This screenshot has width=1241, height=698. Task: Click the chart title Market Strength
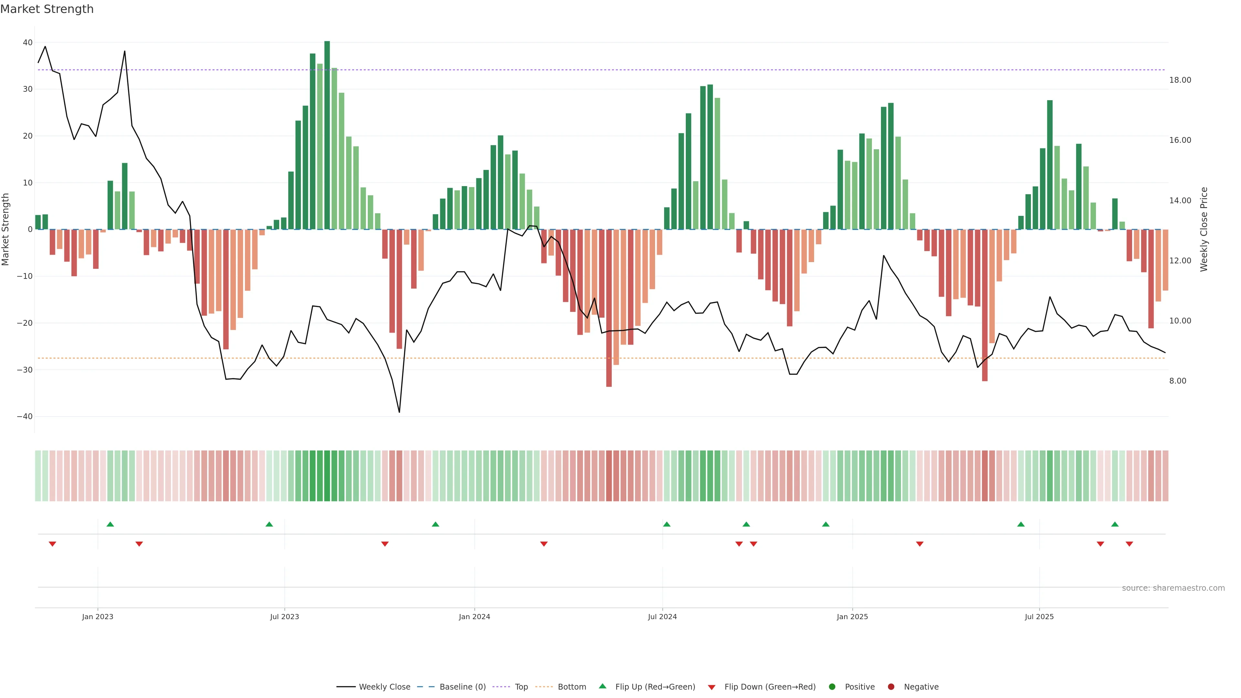(x=47, y=9)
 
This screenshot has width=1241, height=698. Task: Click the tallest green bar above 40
(x=327, y=135)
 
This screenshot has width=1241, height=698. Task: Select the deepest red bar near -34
(x=609, y=308)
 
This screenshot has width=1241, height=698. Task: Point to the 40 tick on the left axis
(x=27, y=42)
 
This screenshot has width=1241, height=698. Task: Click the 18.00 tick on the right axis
(x=1180, y=80)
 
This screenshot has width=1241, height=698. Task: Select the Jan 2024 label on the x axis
(x=474, y=617)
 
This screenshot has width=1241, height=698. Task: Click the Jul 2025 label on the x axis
(x=1039, y=617)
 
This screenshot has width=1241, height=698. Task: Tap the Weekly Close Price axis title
(x=1204, y=229)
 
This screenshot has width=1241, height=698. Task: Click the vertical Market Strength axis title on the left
(x=6, y=229)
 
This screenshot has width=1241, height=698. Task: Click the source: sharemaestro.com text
(x=1173, y=588)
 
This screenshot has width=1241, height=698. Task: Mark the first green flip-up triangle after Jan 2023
(x=110, y=524)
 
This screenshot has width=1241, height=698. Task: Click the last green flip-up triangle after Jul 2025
(x=1115, y=524)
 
